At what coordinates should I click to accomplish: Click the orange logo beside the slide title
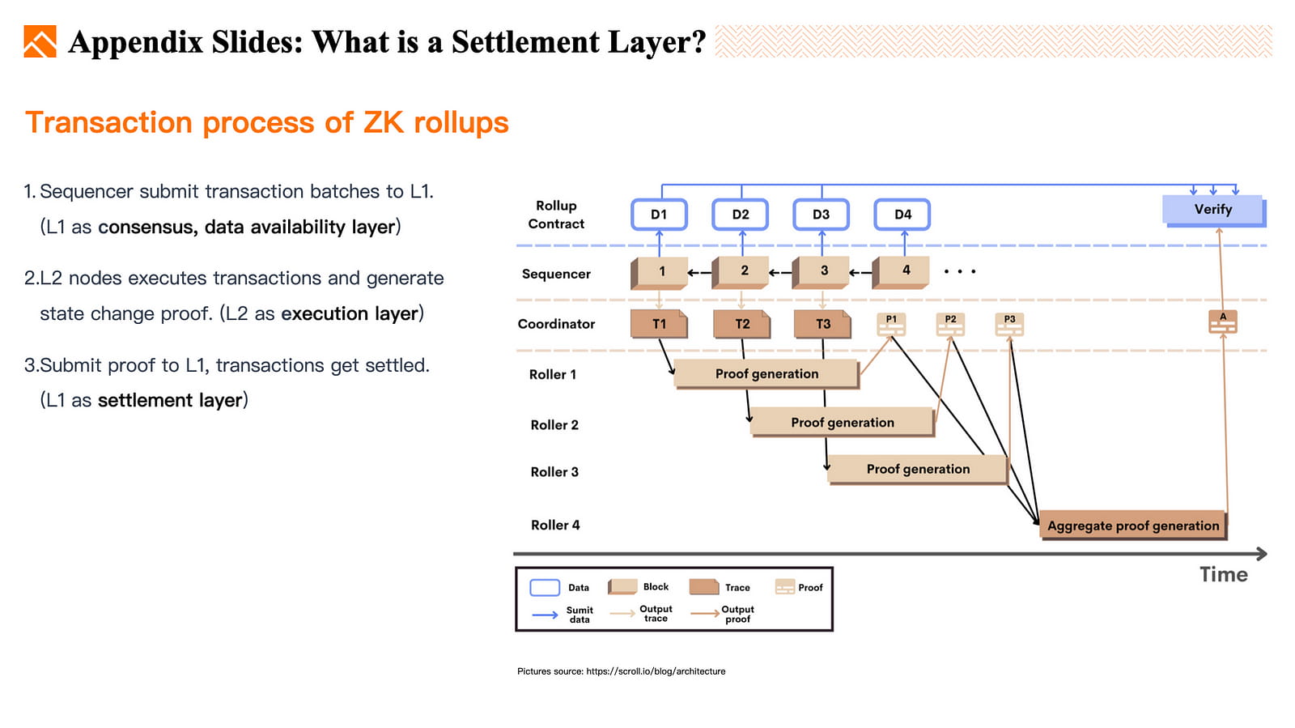tap(40, 41)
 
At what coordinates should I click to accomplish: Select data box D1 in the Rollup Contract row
tap(659, 215)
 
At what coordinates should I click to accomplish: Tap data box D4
tap(902, 215)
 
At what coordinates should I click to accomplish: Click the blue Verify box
tap(1212, 210)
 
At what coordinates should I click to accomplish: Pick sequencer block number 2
tap(743, 271)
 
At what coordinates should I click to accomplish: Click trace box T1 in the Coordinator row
tap(659, 324)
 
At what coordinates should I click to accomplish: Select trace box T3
tap(822, 324)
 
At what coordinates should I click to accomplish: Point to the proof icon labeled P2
tap(950, 325)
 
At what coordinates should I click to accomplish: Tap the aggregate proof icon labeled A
tap(1222, 322)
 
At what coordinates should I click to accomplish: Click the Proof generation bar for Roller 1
tap(766, 373)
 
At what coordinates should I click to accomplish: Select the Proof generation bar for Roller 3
tap(918, 469)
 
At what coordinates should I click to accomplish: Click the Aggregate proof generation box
tap(1132, 526)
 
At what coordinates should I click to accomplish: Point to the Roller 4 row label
tap(555, 525)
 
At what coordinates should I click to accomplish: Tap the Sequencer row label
tap(556, 274)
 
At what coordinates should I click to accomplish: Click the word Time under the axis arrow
tap(1223, 574)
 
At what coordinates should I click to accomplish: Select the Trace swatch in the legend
tap(704, 587)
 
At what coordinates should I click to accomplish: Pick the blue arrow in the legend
tap(545, 615)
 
